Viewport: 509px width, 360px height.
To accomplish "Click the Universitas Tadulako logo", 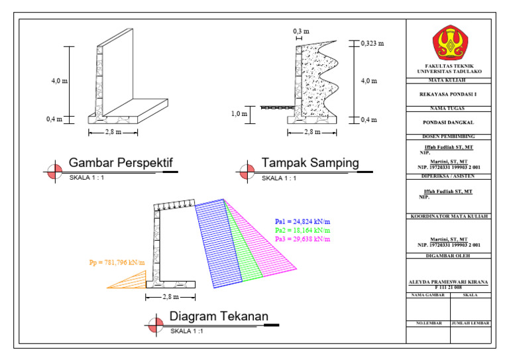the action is click(449, 42).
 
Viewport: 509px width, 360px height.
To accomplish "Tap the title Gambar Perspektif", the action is click(121, 162).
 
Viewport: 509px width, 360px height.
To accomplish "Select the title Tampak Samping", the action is click(310, 162).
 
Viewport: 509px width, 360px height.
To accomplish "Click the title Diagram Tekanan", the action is click(219, 316).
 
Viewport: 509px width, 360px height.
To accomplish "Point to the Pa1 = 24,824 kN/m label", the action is click(302, 221).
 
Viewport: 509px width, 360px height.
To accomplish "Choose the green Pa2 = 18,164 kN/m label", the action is click(302, 231).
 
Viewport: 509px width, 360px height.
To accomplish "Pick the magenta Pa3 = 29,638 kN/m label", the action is click(302, 239).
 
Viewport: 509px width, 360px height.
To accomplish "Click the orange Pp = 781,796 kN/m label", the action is click(117, 263).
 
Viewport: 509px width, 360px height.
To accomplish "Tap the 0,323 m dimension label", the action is click(372, 44).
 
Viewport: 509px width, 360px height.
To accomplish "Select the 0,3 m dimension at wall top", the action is click(301, 31).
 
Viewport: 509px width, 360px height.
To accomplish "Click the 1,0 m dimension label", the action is click(239, 114).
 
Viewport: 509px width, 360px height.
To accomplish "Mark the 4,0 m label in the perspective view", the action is click(60, 81).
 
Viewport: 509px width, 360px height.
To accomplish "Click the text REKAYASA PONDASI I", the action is click(448, 94).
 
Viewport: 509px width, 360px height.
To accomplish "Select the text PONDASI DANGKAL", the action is click(448, 123).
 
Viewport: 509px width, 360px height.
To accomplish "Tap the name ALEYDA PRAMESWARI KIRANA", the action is click(448, 282).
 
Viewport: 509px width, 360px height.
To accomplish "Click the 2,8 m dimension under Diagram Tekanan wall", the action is click(170, 297).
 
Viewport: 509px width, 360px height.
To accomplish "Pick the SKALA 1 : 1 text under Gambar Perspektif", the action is click(86, 178).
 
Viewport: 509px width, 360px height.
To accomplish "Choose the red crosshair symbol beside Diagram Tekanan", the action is click(156, 325).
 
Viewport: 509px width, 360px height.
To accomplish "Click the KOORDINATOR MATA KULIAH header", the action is click(449, 217).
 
